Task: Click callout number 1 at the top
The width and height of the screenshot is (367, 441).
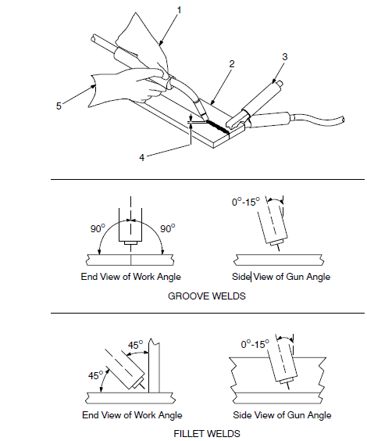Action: point(179,9)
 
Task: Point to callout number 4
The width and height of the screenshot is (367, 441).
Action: point(142,157)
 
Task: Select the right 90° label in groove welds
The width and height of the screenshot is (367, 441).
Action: point(166,229)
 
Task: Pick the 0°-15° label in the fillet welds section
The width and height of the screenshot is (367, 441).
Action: point(254,342)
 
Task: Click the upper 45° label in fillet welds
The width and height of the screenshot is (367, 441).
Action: point(134,344)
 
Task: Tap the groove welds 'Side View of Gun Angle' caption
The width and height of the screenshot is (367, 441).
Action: point(283,277)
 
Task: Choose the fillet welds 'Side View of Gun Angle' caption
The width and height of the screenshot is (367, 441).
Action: point(283,414)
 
